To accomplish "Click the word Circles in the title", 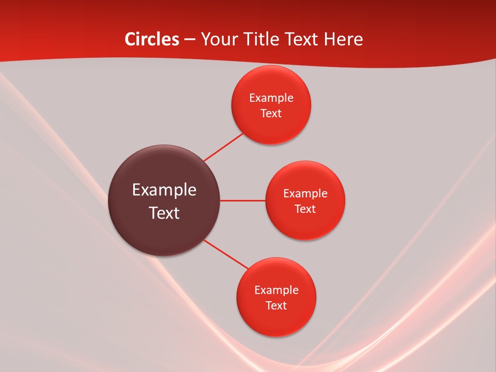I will (152, 39).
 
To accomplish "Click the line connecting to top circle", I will (224, 147).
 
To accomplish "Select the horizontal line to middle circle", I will (243, 200).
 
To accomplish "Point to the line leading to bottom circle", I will (226, 255).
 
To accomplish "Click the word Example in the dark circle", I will (164, 190).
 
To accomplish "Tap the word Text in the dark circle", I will (164, 213).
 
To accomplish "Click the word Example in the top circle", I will (271, 98).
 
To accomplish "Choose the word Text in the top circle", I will (271, 114).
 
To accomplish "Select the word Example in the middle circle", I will (305, 194).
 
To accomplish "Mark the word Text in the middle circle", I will (305, 209).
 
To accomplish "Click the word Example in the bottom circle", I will (276, 290).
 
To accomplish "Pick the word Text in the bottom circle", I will (276, 306).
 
